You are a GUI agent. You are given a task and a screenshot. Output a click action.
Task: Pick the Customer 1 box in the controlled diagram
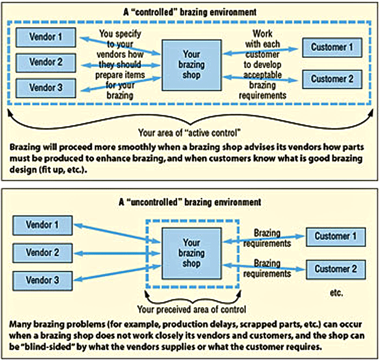[332, 47]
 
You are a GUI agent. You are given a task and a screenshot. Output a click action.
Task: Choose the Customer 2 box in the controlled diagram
[332, 79]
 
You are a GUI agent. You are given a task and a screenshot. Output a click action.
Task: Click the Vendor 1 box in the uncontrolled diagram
[42, 224]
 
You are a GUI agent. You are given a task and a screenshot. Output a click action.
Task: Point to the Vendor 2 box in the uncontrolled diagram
[42, 252]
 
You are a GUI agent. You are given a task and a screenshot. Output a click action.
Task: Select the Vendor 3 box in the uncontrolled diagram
[42, 280]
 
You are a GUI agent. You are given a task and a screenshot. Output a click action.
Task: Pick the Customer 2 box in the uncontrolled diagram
[336, 269]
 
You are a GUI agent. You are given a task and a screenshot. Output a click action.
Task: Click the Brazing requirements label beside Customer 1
[267, 238]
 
